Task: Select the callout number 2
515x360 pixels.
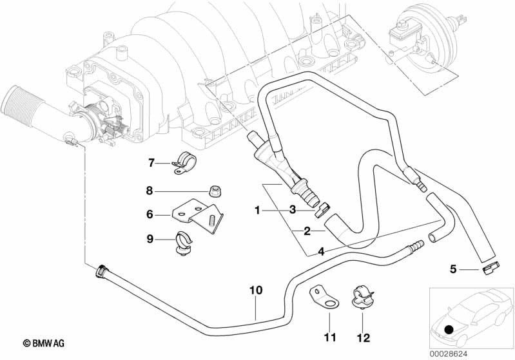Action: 307,230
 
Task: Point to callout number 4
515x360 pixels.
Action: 320,251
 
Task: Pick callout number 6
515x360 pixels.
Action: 150,215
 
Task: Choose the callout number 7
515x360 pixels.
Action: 151,162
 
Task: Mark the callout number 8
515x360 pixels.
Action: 149,190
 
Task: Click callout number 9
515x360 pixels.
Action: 150,240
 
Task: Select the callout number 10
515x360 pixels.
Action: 256,290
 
